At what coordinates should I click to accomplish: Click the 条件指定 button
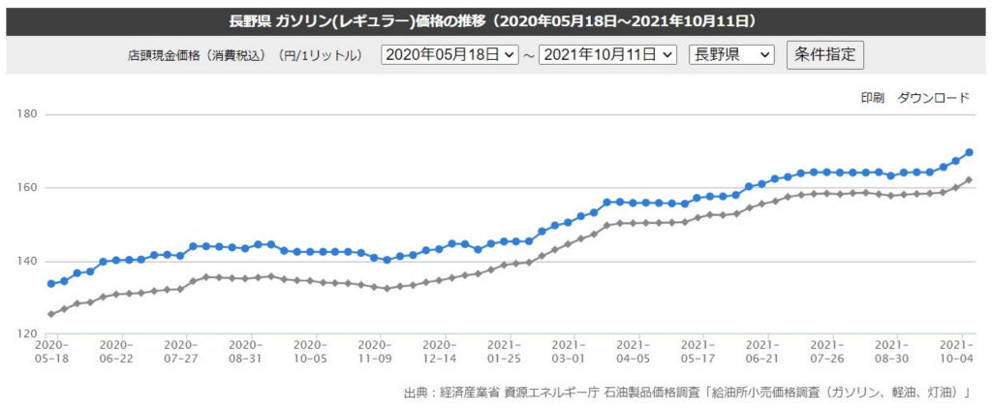pyautogui.click(x=824, y=55)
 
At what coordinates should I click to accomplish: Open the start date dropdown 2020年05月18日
pyautogui.click(x=450, y=55)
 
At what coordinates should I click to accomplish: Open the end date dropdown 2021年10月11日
pyautogui.click(x=607, y=55)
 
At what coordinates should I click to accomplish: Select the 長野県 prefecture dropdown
pyautogui.click(x=730, y=55)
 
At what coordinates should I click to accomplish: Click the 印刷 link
pyautogui.click(x=872, y=98)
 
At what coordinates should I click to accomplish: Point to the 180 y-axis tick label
pyautogui.click(x=26, y=114)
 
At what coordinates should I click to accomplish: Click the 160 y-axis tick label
pyautogui.click(x=26, y=188)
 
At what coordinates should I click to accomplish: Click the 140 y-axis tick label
pyautogui.click(x=26, y=262)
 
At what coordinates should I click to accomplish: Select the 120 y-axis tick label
pyautogui.click(x=26, y=334)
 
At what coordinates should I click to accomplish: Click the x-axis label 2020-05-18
pyautogui.click(x=50, y=351)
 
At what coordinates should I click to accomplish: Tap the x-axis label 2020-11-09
pyautogui.click(x=374, y=351)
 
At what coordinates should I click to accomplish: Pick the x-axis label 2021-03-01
pyautogui.click(x=569, y=351)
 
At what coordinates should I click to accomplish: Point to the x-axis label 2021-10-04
pyautogui.click(x=957, y=351)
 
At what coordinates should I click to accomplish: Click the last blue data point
pyautogui.click(x=969, y=152)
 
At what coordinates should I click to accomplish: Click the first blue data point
pyautogui.click(x=51, y=284)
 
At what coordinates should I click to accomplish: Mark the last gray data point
pyautogui.click(x=969, y=180)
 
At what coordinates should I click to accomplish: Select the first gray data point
pyautogui.click(x=51, y=314)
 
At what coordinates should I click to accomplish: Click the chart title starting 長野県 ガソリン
pyautogui.click(x=495, y=19)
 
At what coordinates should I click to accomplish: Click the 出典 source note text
pyautogui.click(x=687, y=393)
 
